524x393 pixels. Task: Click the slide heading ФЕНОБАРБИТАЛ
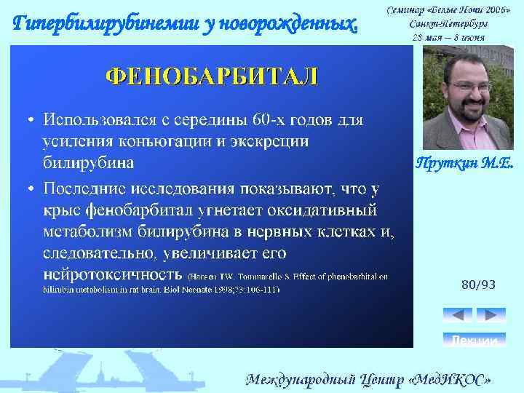(212, 76)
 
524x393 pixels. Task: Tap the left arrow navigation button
(457, 315)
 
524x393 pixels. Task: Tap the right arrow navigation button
(491, 315)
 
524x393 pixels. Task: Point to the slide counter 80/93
(478, 285)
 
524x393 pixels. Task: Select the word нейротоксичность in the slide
(112, 274)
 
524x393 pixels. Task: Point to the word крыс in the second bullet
(60, 210)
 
